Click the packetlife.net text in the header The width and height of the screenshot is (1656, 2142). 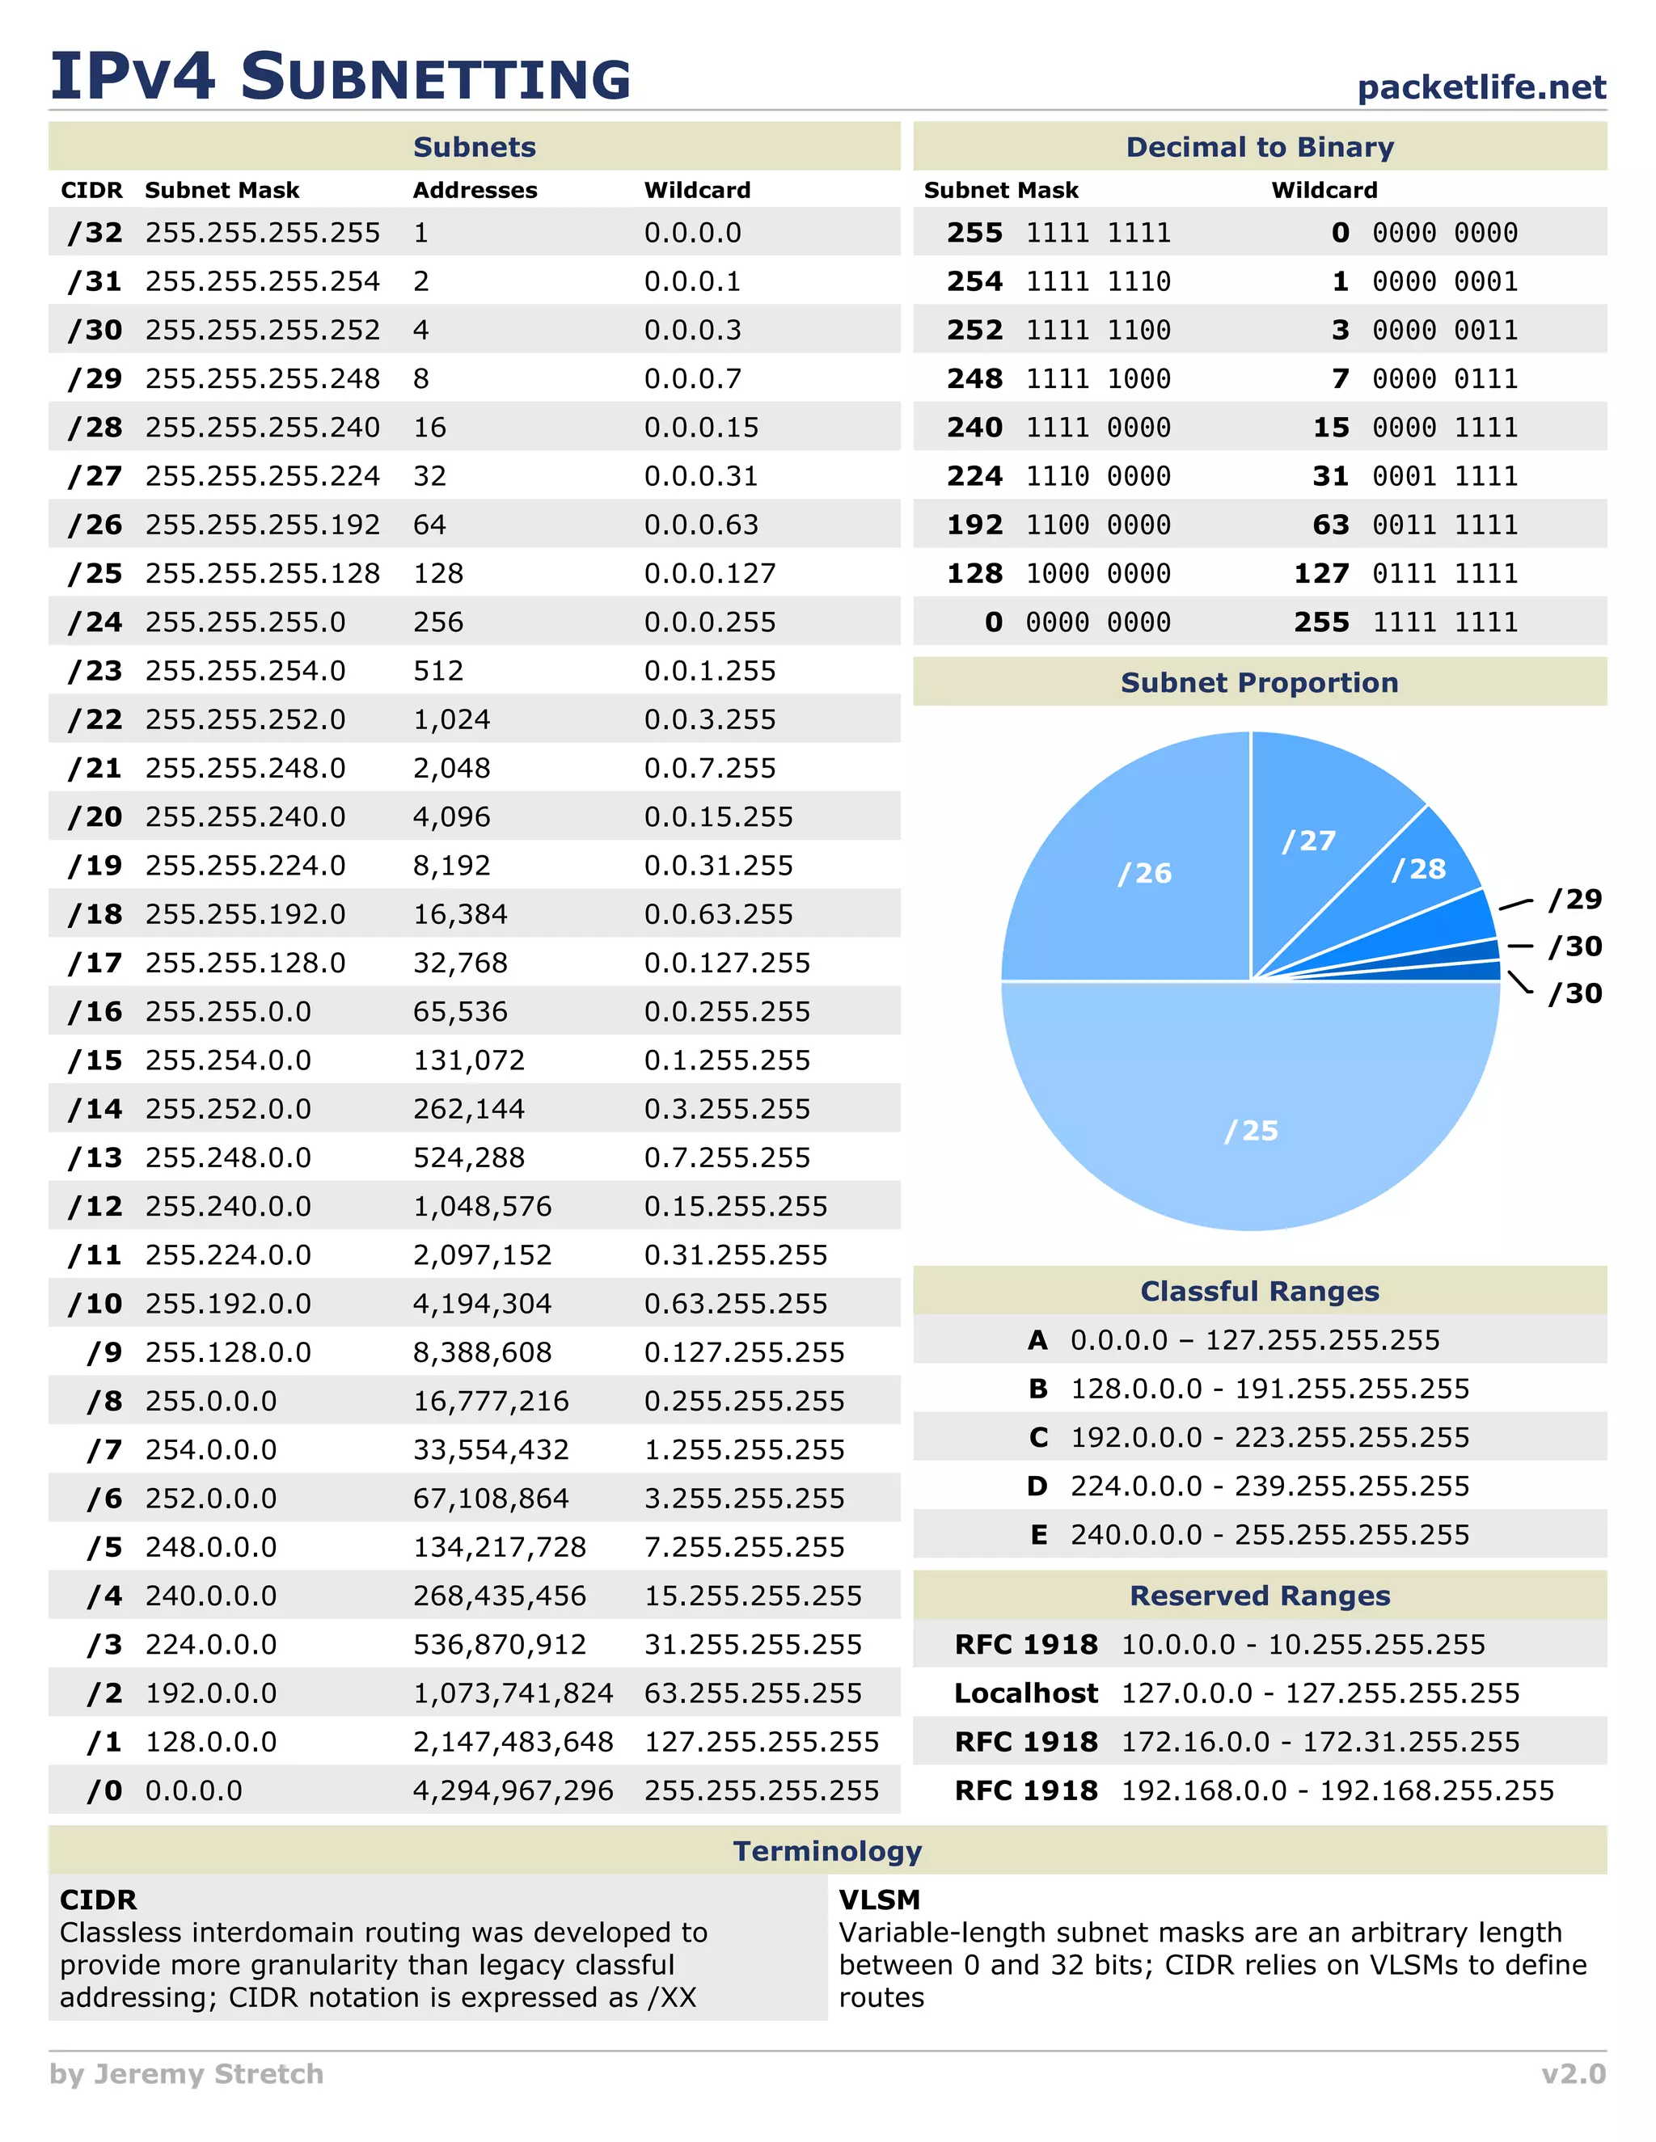pyautogui.click(x=1481, y=87)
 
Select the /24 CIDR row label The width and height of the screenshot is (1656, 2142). pyautogui.click(x=95, y=622)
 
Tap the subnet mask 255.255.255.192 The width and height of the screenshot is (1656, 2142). pyautogui.click(x=262, y=525)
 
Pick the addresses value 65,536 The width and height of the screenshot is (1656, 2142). pyautogui.click(x=460, y=1011)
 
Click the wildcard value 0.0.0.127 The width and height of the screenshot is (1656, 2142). pyautogui.click(x=709, y=574)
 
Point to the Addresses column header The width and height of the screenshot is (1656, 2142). pyautogui.click(x=475, y=190)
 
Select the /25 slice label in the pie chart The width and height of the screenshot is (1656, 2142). pyautogui.click(x=1251, y=1131)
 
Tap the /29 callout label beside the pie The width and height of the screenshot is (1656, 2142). pyautogui.click(x=1574, y=900)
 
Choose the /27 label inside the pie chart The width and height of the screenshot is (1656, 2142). pyautogui.click(x=1309, y=841)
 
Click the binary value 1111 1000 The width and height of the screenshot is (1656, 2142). pyautogui.click(x=1098, y=378)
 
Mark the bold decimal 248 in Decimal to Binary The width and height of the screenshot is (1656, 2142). pyautogui.click(x=974, y=378)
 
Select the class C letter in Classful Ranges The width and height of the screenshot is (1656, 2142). pyautogui.click(x=1039, y=1437)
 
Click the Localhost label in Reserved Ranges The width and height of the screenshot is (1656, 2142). pyautogui.click(x=1025, y=1693)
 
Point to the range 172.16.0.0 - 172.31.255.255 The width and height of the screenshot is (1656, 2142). pyautogui.click(x=1320, y=1742)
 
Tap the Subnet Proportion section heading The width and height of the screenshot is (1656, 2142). pyautogui.click(x=1259, y=683)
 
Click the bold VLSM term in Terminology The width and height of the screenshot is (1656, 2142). pyautogui.click(x=879, y=1900)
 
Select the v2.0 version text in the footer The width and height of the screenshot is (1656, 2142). pyautogui.click(x=1573, y=2073)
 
